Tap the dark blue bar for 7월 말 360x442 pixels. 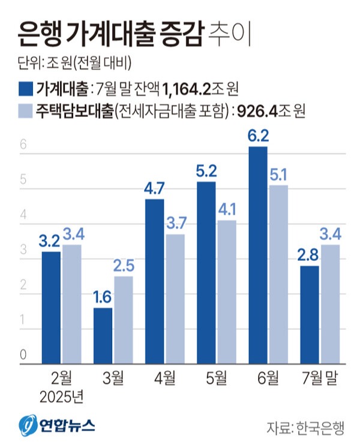[x=310, y=314]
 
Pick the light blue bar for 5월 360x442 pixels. [x=227, y=291]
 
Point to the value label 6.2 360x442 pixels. [x=258, y=137]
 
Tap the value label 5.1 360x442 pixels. [x=279, y=175]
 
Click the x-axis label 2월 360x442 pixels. [x=61, y=378]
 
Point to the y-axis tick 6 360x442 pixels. [x=23, y=145]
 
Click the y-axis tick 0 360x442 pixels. [x=23, y=355]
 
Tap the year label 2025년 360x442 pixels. [x=61, y=396]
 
